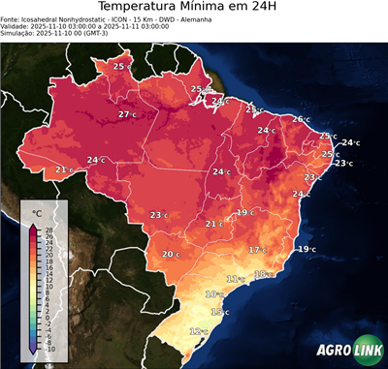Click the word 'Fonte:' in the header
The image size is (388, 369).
12,19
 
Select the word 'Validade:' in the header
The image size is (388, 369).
16,26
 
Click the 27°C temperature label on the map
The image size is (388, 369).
126,114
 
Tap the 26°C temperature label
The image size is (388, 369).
300,119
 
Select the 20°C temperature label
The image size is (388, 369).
170,254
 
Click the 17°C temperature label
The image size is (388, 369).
256,250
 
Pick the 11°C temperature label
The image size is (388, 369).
235,279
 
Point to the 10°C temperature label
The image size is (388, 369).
213,293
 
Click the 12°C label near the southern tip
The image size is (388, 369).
197,331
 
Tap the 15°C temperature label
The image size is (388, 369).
219,312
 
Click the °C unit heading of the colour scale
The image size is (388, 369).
37,212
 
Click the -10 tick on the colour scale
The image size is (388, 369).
49,349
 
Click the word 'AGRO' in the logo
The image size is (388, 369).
331,351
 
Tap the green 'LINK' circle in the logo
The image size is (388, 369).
367,351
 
